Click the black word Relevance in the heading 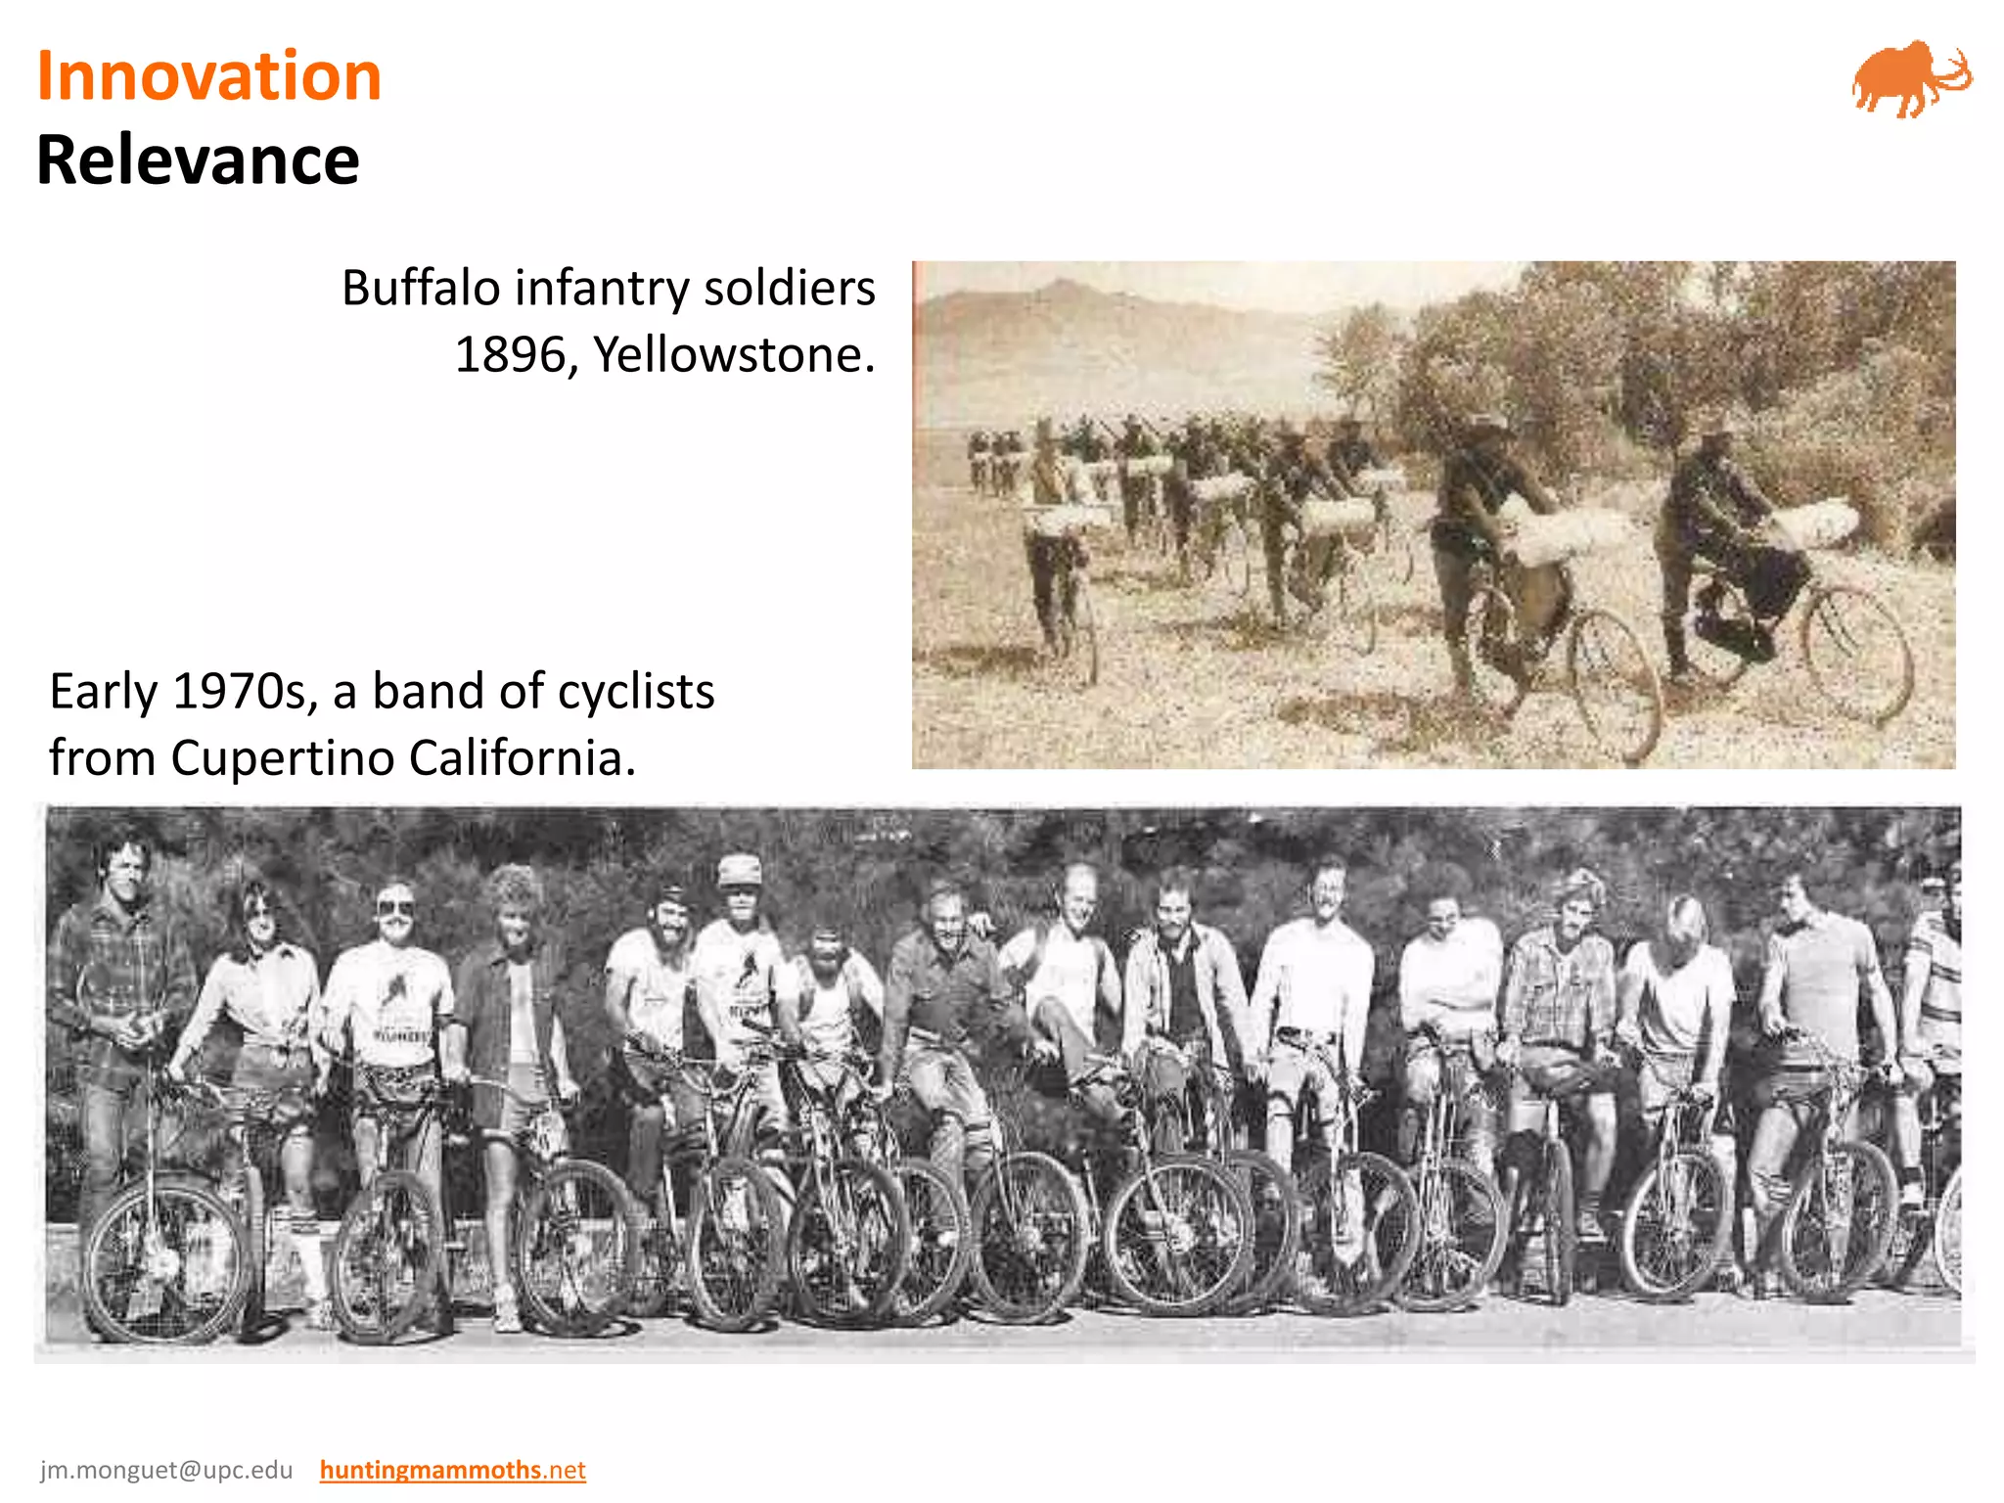[x=198, y=159]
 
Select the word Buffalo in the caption [x=421, y=288]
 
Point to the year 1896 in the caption [x=509, y=354]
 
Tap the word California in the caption [x=523, y=758]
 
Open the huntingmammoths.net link [x=452, y=1470]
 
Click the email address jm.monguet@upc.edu [x=166, y=1470]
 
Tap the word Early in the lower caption [x=103, y=693]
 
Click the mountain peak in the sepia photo [x=1062, y=285]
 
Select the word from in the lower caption [x=102, y=758]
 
